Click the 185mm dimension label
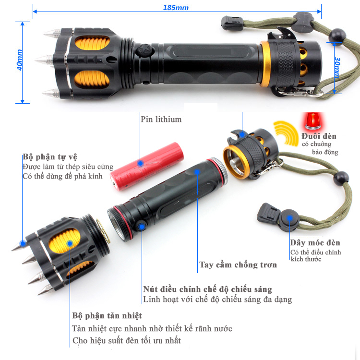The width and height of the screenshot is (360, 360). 176,8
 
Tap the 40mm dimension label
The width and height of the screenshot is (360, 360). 20,60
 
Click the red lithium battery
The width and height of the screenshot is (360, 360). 147,167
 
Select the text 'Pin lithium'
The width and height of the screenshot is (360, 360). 161,120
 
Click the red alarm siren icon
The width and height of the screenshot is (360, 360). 313,120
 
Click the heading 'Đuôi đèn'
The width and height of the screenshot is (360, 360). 319,136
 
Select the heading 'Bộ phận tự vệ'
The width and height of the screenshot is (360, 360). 50,157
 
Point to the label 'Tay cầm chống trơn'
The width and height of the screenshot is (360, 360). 238,264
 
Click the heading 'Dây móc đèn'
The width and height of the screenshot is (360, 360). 315,242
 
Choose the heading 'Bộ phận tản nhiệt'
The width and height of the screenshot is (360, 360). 107,316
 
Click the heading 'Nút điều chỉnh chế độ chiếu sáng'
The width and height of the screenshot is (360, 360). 207,289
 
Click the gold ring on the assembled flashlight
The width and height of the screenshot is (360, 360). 265,64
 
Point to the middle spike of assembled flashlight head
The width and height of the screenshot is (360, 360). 44,60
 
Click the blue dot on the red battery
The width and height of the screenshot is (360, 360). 141,163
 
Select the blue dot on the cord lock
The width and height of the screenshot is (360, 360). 290,218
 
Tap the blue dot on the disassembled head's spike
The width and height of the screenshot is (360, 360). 23,243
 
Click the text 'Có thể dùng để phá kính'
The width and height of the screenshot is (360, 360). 62,176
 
